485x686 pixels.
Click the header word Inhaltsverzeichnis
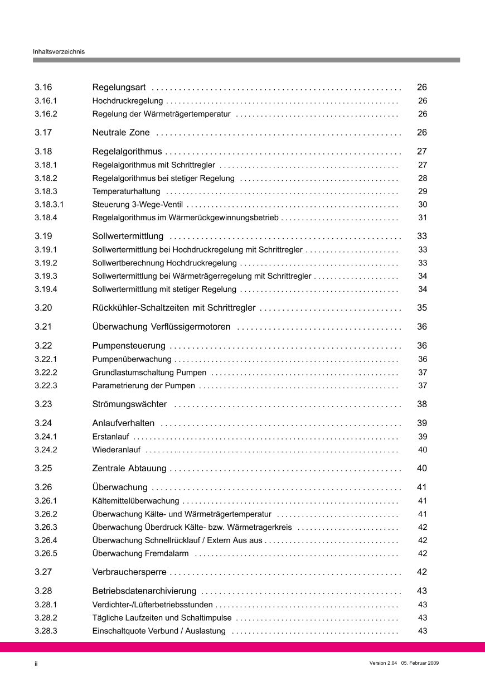pyautogui.click(x=59, y=51)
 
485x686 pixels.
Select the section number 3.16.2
pyautogui.click(x=46, y=114)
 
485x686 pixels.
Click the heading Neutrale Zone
pyautogui.click(x=121, y=133)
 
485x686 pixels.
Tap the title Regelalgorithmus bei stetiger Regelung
pyautogui.click(x=163, y=178)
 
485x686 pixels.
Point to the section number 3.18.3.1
pyautogui.click(x=49, y=205)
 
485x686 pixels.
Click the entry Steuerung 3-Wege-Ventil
pyautogui.click(x=137, y=205)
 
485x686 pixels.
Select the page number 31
pyautogui.click(x=423, y=218)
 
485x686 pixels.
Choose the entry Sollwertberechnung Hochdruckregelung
pyautogui.click(x=164, y=263)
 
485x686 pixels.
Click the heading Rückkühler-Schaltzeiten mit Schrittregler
pyautogui.click(x=174, y=308)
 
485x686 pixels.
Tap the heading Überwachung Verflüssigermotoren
pyautogui.click(x=161, y=327)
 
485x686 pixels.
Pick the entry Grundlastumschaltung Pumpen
pyautogui.click(x=149, y=373)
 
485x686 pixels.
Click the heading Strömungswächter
pyautogui.click(x=129, y=404)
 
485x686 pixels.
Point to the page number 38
pyautogui.click(x=422, y=404)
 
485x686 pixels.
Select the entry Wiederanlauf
pyautogui.click(x=117, y=450)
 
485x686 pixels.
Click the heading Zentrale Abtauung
pyautogui.click(x=129, y=468)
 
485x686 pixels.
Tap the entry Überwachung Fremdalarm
pyautogui.click(x=140, y=554)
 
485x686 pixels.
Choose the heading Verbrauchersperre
pyautogui.click(x=129, y=572)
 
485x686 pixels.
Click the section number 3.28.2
pyautogui.click(x=46, y=618)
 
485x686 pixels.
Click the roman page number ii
pyautogui.click(x=36, y=664)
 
